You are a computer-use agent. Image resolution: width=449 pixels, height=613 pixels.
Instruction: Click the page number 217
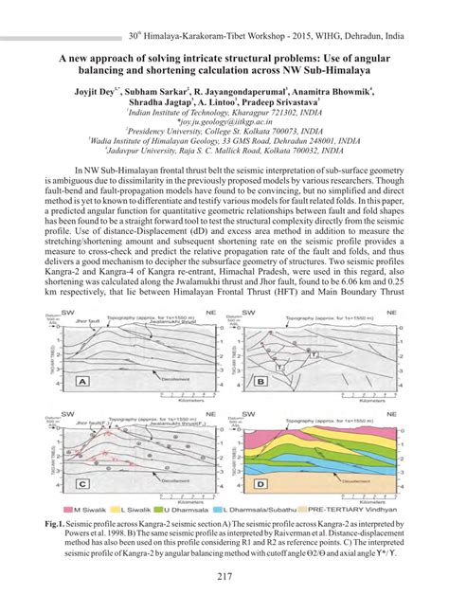click(x=224, y=579)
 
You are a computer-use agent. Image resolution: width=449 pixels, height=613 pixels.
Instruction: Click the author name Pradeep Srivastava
click(x=283, y=105)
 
